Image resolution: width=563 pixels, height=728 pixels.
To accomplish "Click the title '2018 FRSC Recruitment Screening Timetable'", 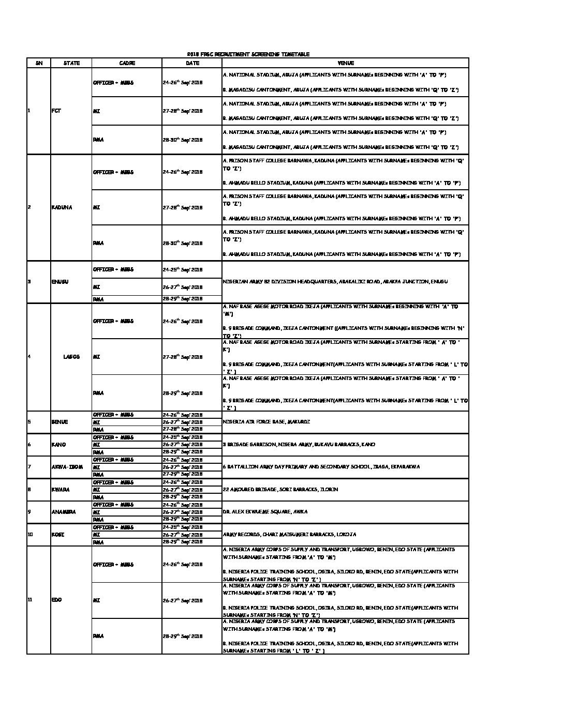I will pyautogui.click(x=248, y=54).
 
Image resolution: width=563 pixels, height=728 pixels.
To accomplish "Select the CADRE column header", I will pyautogui.click(x=127, y=63).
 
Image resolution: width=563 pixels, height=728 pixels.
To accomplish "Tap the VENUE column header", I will pyautogui.click(x=345, y=63).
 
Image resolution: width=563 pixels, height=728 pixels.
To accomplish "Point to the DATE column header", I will pyautogui.click(x=192, y=63).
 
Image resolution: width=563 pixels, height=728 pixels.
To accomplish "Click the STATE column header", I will pyautogui.click(x=71, y=63).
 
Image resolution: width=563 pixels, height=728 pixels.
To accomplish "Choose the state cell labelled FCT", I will pyautogui.click(x=56, y=111).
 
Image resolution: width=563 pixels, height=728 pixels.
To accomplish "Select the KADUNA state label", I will pyautogui.click(x=62, y=207).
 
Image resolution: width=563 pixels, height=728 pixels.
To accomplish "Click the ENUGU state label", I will pyautogui.click(x=60, y=282).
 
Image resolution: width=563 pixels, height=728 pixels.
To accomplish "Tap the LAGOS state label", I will pyautogui.click(x=71, y=357).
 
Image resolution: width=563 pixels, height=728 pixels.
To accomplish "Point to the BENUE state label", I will pyautogui.click(x=60, y=422).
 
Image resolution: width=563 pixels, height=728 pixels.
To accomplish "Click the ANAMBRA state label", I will pyautogui.click(x=64, y=512).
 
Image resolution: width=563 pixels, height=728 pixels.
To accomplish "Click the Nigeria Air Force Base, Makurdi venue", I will pyautogui.click(x=266, y=422).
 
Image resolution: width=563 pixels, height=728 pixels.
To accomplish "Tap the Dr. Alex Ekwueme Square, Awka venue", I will pyautogui.click(x=265, y=512).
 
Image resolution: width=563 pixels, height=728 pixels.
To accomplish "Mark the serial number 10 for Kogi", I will pyautogui.click(x=29, y=535).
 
